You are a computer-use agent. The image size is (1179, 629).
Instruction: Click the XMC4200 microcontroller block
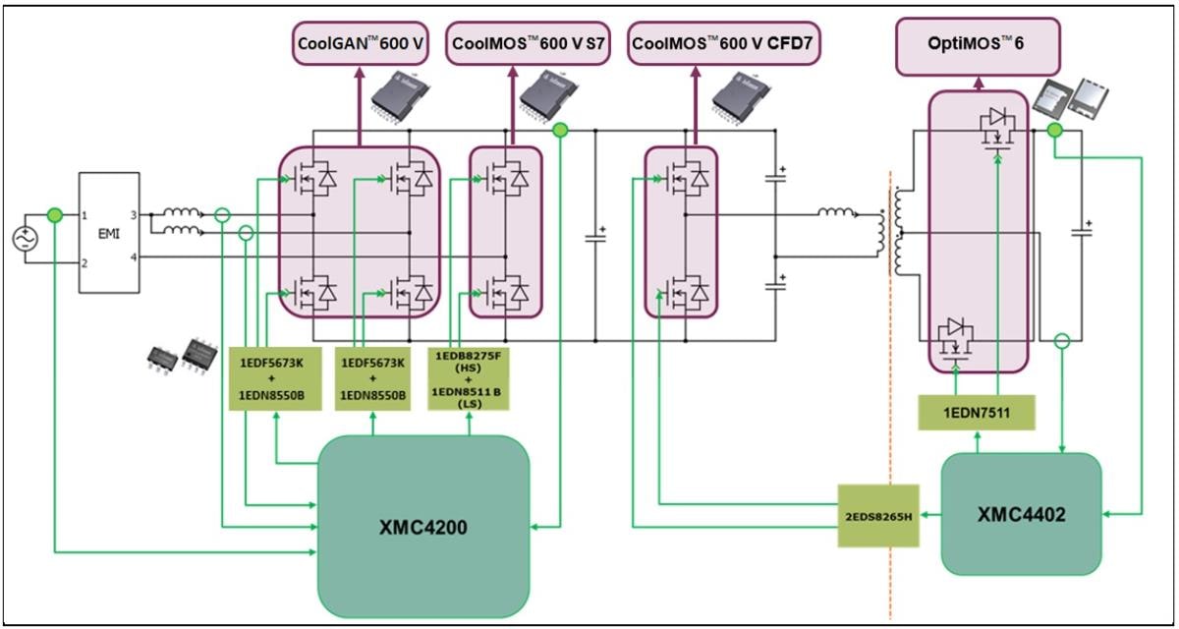(x=423, y=526)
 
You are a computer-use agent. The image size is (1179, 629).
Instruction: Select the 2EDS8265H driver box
(x=877, y=514)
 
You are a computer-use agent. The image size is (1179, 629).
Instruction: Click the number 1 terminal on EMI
(x=85, y=214)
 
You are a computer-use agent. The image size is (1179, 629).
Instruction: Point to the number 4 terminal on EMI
(x=134, y=257)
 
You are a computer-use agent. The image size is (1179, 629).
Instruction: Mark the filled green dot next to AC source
(x=56, y=215)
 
